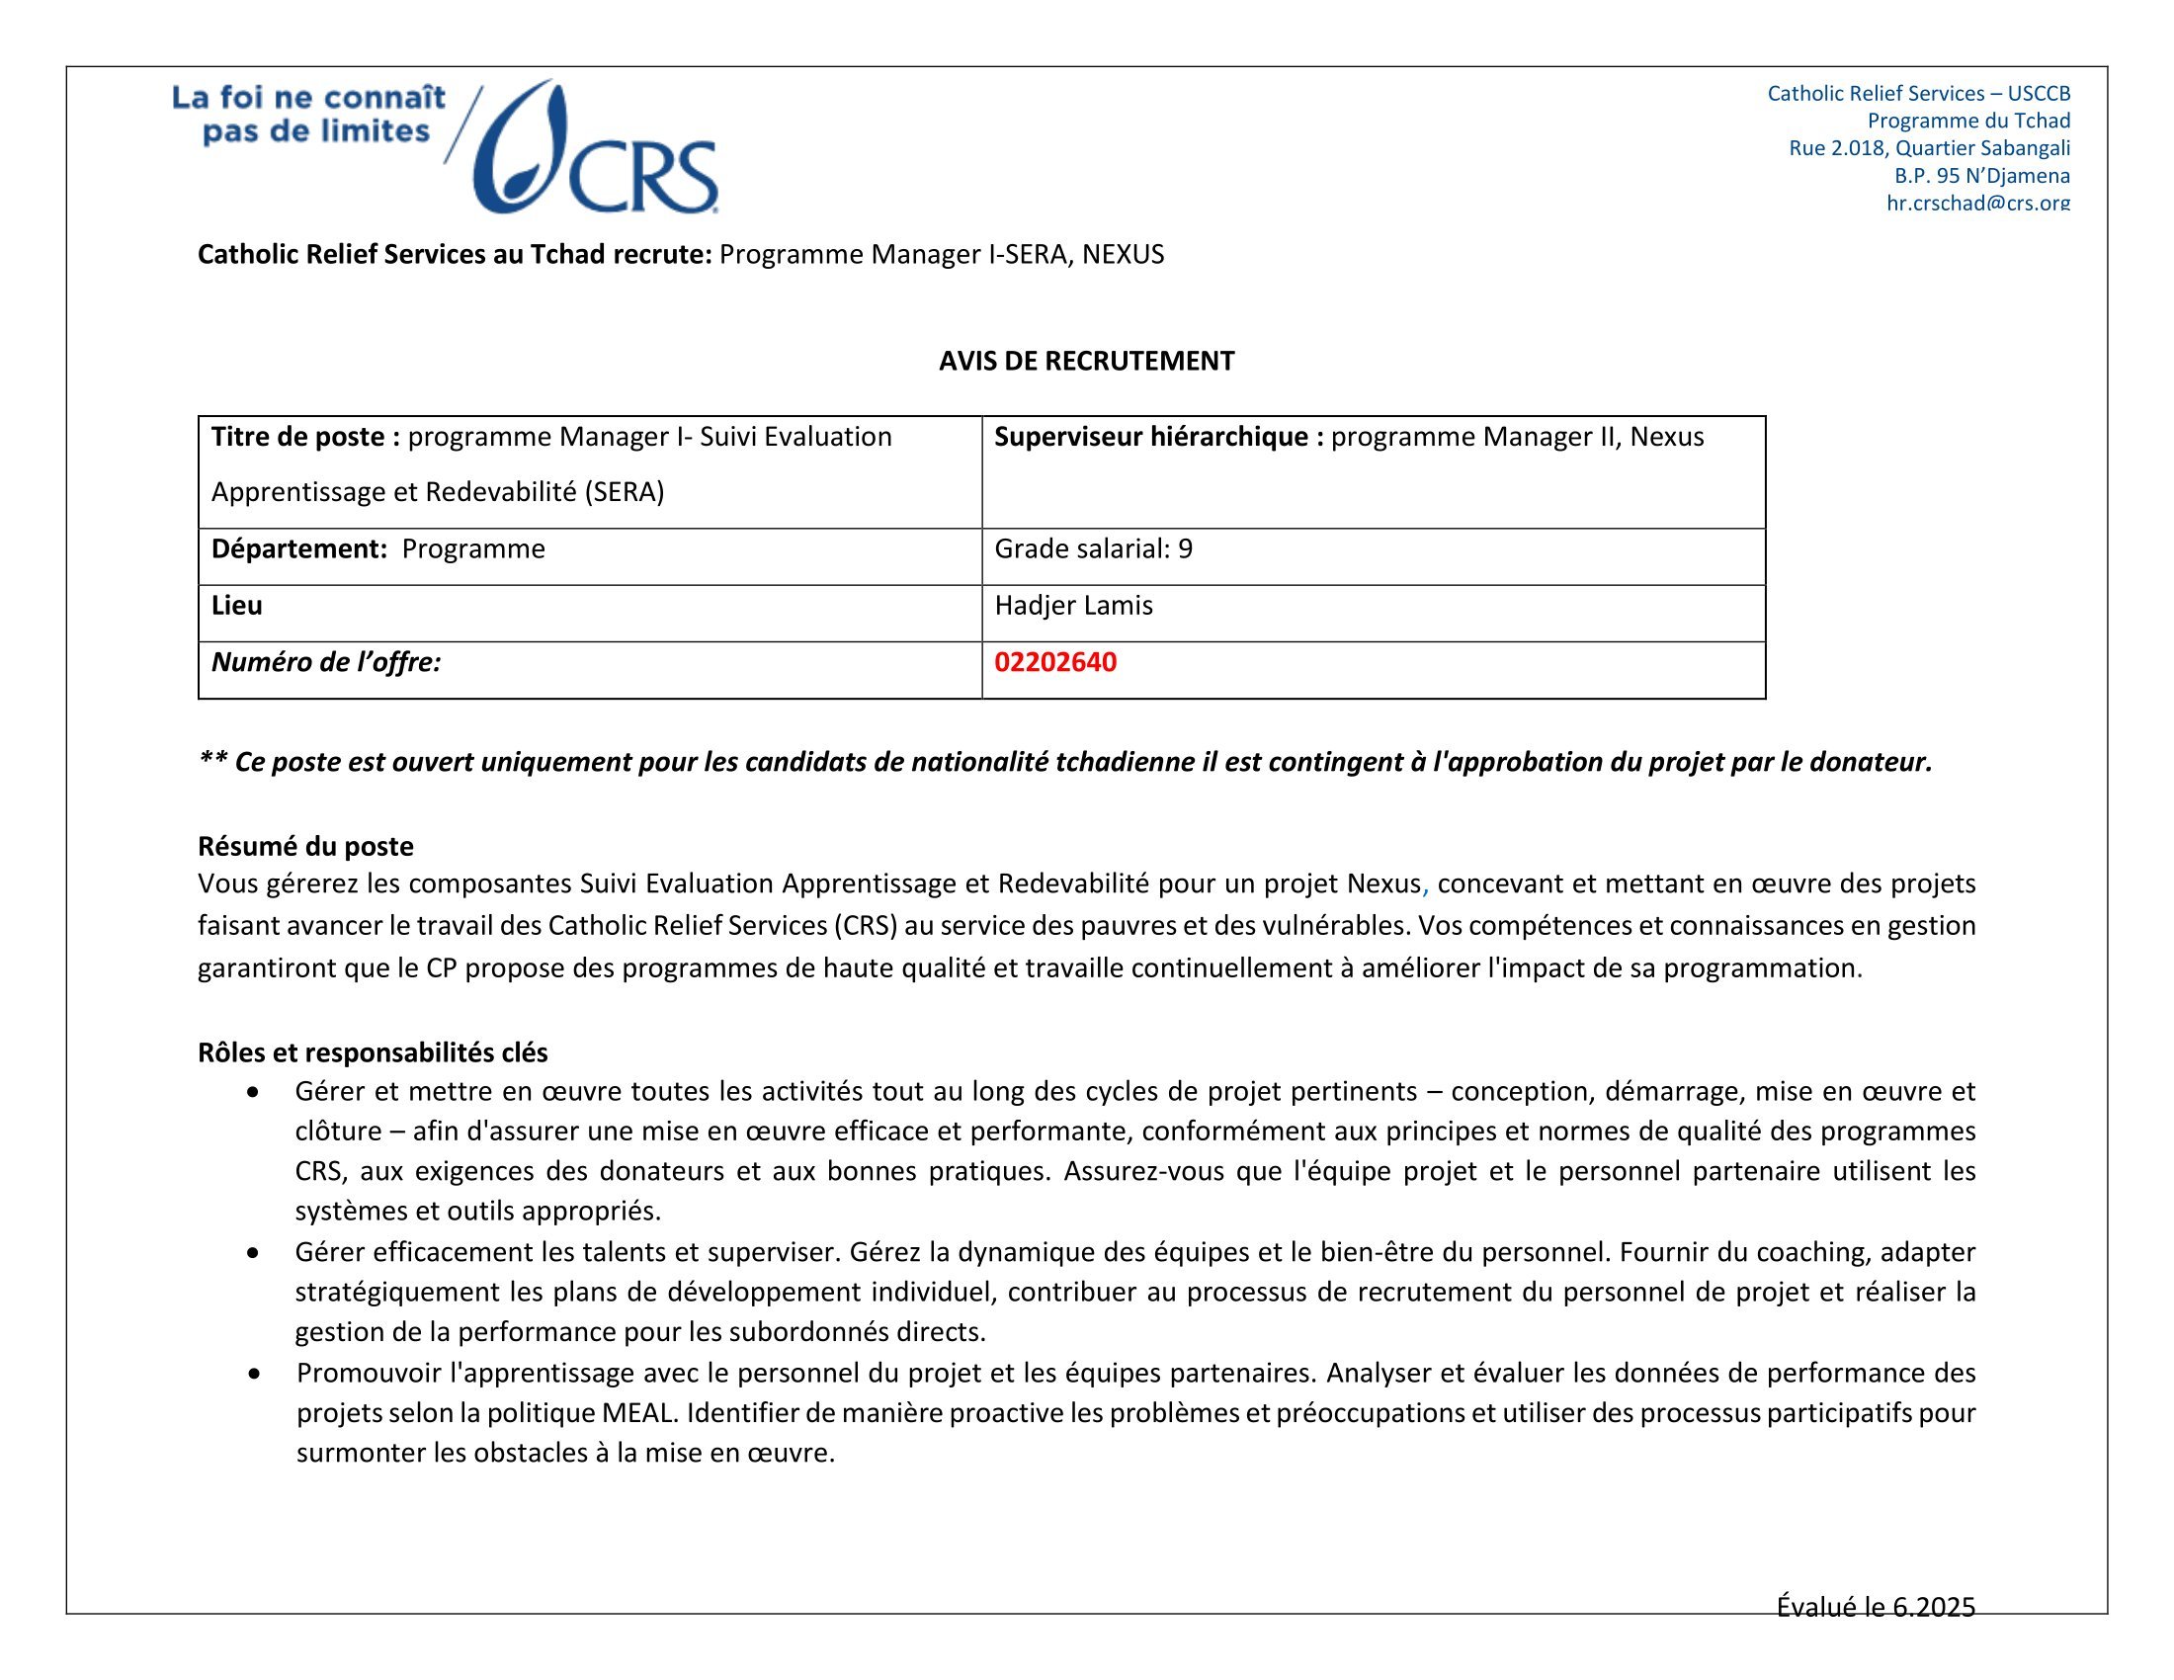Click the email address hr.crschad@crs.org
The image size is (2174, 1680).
click(x=1978, y=203)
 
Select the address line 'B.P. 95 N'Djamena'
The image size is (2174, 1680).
click(x=1981, y=176)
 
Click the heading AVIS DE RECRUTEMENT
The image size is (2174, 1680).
click(x=1086, y=361)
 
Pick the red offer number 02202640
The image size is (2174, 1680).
click(x=1055, y=662)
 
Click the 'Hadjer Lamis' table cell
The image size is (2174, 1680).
click(x=1073, y=605)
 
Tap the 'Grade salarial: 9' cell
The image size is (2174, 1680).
click(x=1093, y=548)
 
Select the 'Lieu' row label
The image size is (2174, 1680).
click(x=237, y=605)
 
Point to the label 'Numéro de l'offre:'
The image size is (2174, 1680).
click(x=325, y=662)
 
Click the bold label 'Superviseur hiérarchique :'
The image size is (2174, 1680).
click(x=1159, y=436)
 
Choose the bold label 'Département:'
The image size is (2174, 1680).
click(x=298, y=548)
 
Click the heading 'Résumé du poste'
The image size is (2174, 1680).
click(x=305, y=846)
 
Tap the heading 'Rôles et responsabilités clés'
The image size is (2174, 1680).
click(x=373, y=1052)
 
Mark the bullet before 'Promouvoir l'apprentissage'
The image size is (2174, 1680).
click(x=256, y=1374)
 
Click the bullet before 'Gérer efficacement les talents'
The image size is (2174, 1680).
click(x=256, y=1252)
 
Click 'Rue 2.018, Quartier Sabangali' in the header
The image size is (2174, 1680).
click(x=1929, y=148)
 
